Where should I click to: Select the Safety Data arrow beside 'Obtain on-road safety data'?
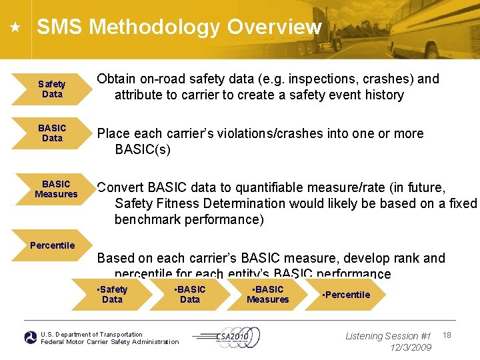click(51, 89)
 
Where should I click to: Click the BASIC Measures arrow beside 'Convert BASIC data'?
click(56, 189)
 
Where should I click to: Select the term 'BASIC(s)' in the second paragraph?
click(143, 149)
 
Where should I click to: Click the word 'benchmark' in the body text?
click(148, 219)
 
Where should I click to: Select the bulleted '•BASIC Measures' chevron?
click(268, 295)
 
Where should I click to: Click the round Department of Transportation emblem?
click(31, 338)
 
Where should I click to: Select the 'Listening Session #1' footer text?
click(388, 336)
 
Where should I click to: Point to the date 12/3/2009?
click(411, 347)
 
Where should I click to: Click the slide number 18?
click(447, 334)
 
